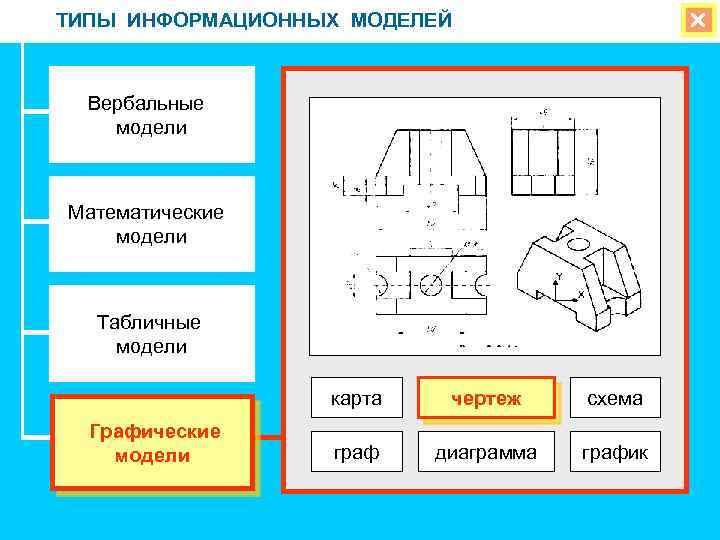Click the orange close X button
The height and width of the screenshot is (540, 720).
695,21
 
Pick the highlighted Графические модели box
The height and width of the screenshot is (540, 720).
153,443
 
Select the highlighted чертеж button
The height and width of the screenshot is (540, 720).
486,398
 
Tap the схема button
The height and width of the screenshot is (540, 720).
615,398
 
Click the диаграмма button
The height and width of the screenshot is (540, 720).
486,452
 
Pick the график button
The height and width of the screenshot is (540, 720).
615,452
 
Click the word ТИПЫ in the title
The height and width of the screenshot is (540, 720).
88,20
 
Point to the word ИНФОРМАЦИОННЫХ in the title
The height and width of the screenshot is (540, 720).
236,20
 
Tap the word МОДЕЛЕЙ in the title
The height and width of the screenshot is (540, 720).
402,20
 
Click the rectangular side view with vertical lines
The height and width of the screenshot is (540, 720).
545,160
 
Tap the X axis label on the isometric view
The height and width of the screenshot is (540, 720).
581,296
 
